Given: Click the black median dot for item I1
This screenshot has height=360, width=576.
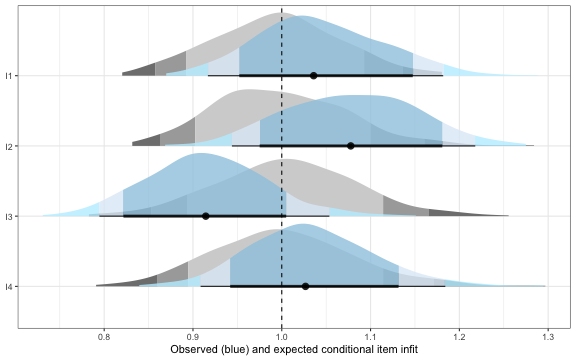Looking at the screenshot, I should (314, 75).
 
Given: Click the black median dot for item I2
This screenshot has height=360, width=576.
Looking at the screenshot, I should (350, 146).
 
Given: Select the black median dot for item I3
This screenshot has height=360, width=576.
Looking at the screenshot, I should (206, 216).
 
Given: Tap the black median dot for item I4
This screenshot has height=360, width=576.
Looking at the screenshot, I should (306, 287).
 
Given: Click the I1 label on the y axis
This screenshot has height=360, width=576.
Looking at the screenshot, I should (9, 75).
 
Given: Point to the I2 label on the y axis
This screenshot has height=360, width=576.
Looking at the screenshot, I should (9, 146).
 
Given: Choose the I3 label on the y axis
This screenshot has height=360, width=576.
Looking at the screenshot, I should (9, 216).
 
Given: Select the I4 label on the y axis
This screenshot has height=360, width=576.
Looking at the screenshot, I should (9, 287).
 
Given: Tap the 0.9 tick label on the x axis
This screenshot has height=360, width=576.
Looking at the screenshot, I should (193, 336).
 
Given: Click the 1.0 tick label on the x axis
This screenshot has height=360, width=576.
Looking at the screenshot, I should (282, 336).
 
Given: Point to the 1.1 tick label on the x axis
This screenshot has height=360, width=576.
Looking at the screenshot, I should (370, 336).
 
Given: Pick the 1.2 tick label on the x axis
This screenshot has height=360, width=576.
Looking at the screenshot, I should (459, 336).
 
